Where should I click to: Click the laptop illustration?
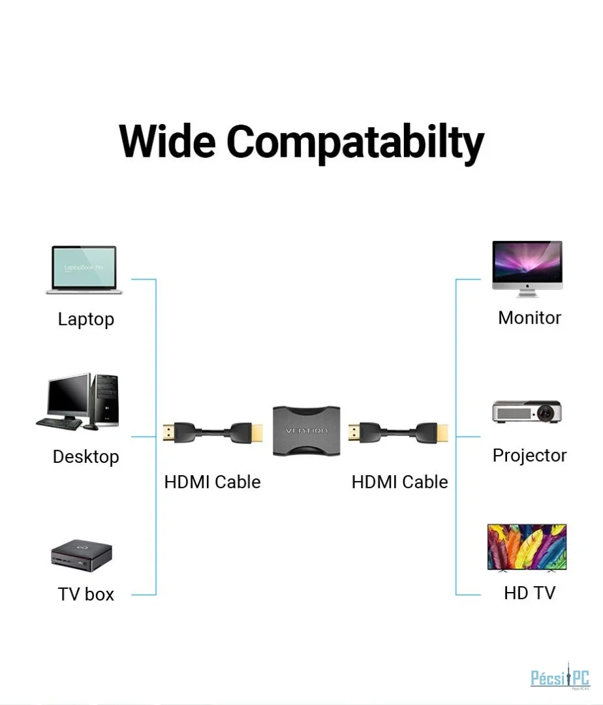click(x=84, y=270)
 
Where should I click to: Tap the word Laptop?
click(x=85, y=319)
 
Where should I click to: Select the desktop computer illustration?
click(x=77, y=401)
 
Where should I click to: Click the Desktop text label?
click(x=85, y=456)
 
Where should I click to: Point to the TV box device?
click(x=82, y=555)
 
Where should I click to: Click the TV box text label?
click(x=85, y=594)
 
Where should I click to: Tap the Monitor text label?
click(x=529, y=318)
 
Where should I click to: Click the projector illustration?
click(x=526, y=411)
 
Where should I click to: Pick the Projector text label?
click(x=529, y=455)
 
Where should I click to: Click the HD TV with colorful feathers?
click(x=527, y=547)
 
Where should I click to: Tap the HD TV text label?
click(x=529, y=593)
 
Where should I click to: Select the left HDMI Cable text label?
click(x=212, y=482)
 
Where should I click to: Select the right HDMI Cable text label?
click(x=399, y=482)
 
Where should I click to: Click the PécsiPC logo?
click(x=560, y=678)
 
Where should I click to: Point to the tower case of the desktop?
click(x=105, y=400)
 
